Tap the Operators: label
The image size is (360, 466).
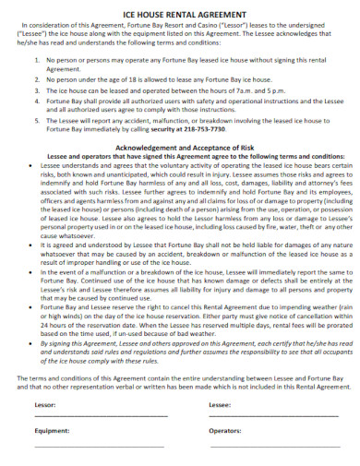click(225, 429)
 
